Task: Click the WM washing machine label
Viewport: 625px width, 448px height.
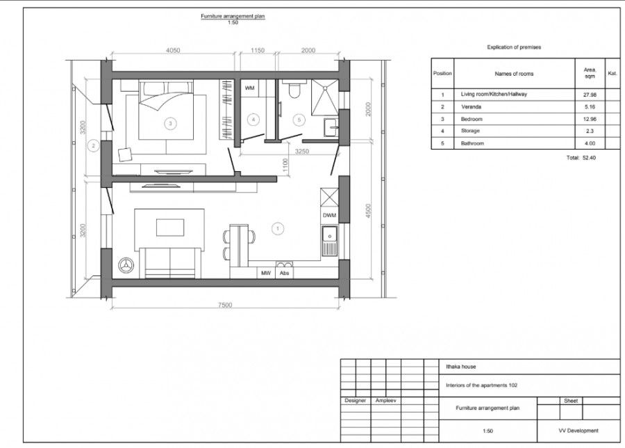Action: pyautogui.click(x=249, y=88)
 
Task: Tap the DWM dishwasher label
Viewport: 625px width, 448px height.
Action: pyautogui.click(x=329, y=215)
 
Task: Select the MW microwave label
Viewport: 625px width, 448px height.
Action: pyautogui.click(x=266, y=273)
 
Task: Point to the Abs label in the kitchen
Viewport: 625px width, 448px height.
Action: pyautogui.click(x=284, y=273)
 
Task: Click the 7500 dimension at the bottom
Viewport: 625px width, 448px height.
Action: pyautogui.click(x=225, y=305)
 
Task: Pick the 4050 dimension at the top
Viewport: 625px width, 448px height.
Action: pyautogui.click(x=173, y=50)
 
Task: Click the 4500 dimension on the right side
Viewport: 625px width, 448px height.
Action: pyautogui.click(x=368, y=211)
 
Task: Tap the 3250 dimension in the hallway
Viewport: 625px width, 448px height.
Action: pyautogui.click(x=302, y=152)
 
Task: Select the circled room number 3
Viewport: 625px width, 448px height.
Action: pyautogui.click(x=170, y=123)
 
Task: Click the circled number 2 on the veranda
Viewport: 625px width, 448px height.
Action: pyautogui.click(x=94, y=146)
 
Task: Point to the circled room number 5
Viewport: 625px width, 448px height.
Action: pyautogui.click(x=299, y=120)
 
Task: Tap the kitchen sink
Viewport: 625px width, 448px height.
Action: pyautogui.click(x=330, y=241)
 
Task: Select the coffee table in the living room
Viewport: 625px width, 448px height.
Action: pyautogui.click(x=170, y=227)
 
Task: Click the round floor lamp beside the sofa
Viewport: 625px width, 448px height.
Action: pyautogui.click(x=126, y=265)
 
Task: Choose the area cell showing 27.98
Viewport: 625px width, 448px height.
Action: pyautogui.click(x=590, y=95)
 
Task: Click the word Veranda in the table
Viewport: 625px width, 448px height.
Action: pyautogui.click(x=471, y=107)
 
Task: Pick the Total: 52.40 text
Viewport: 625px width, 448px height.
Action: pyautogui.click(x=581, y=158)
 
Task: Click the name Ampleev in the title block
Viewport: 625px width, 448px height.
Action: pyautogui.click(x=386, y=401)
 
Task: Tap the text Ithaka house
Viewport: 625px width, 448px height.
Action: pyautogui.click(x=461, y=367)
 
